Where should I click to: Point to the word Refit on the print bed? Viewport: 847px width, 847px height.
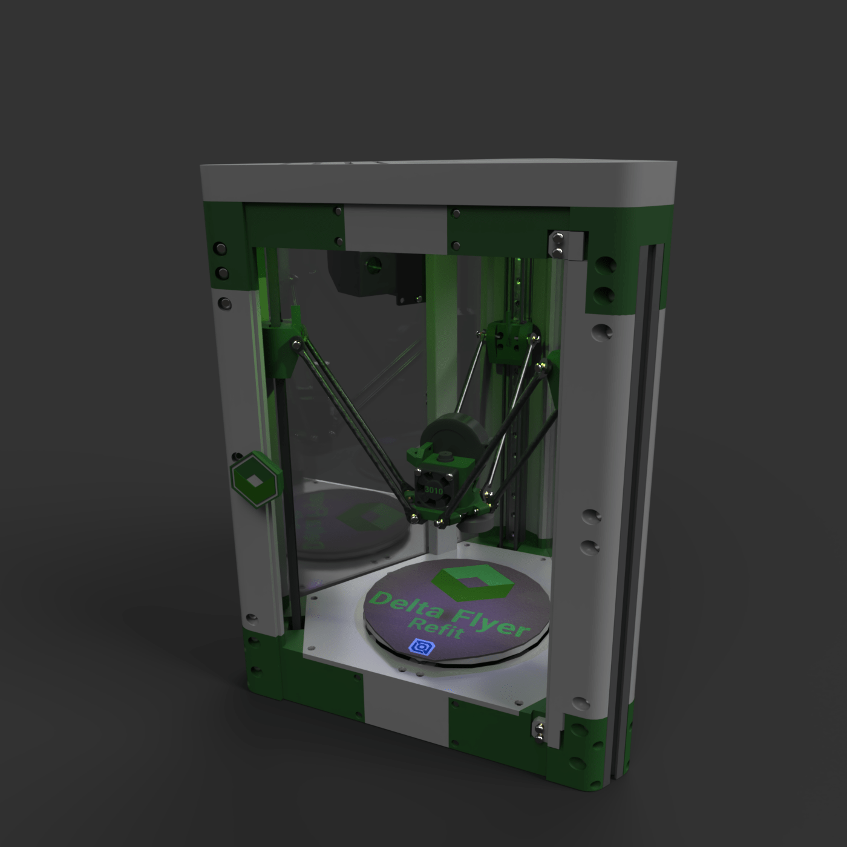tap(445, 628)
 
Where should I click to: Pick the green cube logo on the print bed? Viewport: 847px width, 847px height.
tap(472, 581)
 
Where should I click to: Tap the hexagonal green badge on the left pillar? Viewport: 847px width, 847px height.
tap(255, 479)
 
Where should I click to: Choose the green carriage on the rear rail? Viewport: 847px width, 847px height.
tap(511, 342)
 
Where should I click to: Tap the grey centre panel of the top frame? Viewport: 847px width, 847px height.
tap(396, 228)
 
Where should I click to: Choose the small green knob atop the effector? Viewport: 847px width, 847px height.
tap(448, 455)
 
